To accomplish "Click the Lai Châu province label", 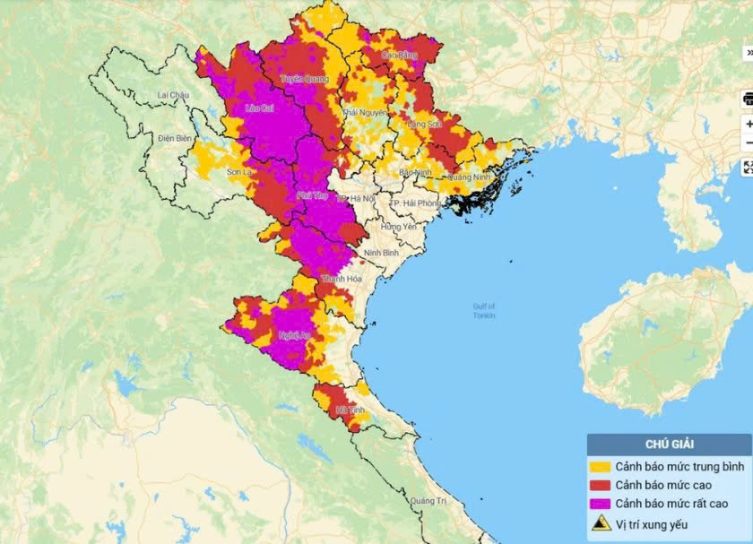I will click(174, 95).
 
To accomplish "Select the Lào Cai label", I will click(259, 108).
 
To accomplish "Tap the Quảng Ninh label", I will click(472, 177).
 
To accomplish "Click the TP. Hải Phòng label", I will click(413, 204).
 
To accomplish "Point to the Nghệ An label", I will click(294, 335).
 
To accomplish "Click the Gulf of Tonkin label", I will click(485, 310).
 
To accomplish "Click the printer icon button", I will click(747, 99).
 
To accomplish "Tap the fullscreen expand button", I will click(747, 168).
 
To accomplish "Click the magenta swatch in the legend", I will click(600, 504).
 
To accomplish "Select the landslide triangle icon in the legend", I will click(600, 523).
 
